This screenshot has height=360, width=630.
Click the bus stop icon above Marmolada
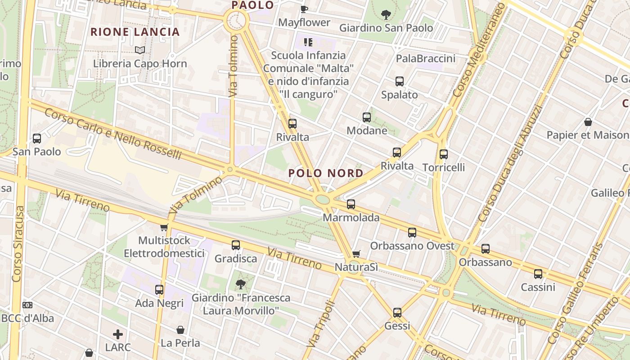(x=351, y=204)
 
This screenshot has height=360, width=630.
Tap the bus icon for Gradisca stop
(x=236, y=245)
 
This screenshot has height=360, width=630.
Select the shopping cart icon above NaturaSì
(x=356, y=254)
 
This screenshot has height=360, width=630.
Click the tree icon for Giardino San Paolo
(x=386, y=15)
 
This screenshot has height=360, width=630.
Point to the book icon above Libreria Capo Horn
(x=140, y=50)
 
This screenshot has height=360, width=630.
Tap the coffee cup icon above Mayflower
(x=304, y=9)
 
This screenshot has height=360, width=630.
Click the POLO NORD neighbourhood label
(x=326, y=173)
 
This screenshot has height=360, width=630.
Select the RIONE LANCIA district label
(x=135, y=32)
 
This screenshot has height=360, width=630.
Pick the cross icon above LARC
(x=118, y=334)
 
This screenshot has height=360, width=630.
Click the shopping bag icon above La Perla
(x=180, y=330)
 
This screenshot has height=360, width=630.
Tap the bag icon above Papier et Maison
(x=588, y=121)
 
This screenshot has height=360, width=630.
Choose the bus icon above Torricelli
(x=444, y=154)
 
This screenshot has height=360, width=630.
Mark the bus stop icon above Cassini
(x=538, y=274)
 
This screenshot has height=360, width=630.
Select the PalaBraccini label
(x=426, y=58)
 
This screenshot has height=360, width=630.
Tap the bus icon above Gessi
(x=397, y=312)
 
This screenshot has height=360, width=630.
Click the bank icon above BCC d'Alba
(x=27, y=305)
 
